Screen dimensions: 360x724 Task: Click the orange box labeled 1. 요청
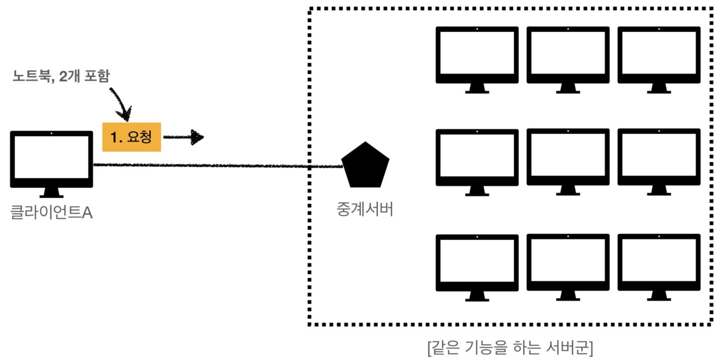click(131, 137)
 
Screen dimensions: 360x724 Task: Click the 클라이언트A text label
click(51, 212)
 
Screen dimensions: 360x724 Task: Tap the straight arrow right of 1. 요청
click(184, 137)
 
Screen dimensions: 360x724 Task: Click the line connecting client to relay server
click(216, 165)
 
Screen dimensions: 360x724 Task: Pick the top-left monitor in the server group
click(477, 55)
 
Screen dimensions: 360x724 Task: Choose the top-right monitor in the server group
click(659, 55)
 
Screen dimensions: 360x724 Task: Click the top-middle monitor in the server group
click(568, 55)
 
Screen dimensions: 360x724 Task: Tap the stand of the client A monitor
click(52, 193)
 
